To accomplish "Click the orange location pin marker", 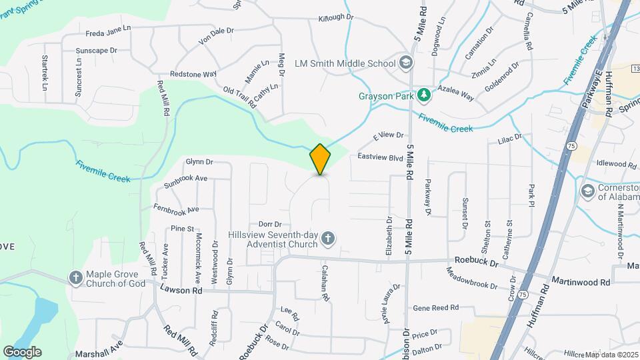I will coord(320,159).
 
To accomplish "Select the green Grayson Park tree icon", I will coord(423,96).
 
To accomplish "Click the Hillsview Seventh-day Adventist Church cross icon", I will coord(327,238).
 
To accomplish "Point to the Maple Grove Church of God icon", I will coord(77,277).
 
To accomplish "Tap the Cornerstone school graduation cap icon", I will coord(587,191).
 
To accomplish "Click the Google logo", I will coord(22,352).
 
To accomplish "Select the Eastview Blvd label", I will coord(381,157).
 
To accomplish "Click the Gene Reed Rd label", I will coord(436,308).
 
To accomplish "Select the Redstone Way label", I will coord(193,74).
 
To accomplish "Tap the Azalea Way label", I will coord(455,93).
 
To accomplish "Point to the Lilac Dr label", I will coord(509,139).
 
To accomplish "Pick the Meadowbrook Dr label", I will coord(472,277).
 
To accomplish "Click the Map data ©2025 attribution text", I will coord(610,353).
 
